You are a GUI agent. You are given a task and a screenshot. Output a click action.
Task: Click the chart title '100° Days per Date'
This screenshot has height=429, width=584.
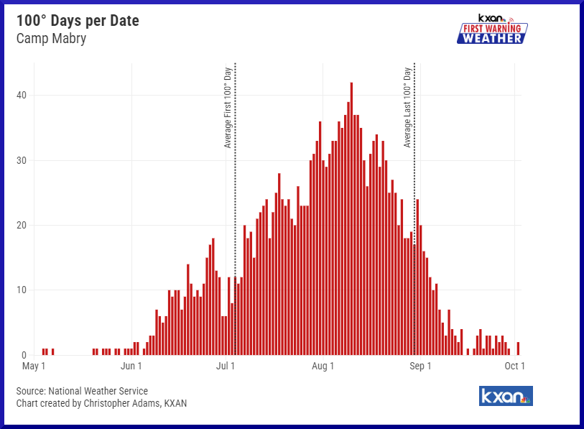click(x=78, y=21)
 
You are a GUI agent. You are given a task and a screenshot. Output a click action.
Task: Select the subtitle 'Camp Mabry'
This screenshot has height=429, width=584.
click(x=51, y=38)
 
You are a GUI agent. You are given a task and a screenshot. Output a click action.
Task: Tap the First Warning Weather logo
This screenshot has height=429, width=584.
click(x=492, y=29)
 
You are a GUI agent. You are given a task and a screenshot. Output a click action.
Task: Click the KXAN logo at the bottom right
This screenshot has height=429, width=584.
click(x=506, y=396)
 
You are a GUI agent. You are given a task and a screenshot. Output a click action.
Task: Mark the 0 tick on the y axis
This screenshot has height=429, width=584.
click(x=24, y=355)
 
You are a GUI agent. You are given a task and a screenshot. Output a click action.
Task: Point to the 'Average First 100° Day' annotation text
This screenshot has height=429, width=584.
click(x=228, y=108)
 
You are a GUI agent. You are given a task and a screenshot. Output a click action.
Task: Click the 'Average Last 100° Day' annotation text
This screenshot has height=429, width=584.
click(x=407, y=108)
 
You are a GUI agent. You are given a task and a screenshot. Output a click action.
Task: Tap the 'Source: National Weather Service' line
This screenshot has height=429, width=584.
click(x=82, y=391)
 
